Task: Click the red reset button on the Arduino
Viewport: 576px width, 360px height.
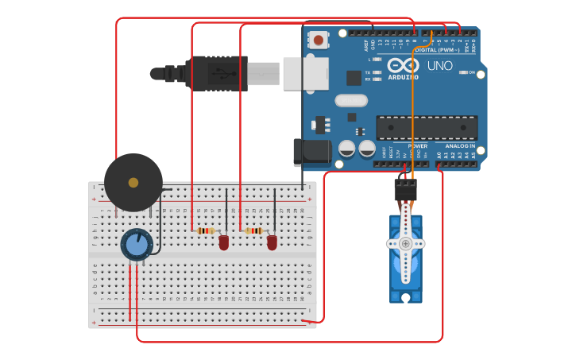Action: click(x=319, y=39)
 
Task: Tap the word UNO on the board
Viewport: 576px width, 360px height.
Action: click(x=440, y=66)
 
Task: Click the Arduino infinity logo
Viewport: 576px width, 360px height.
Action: click(x=403, y=65)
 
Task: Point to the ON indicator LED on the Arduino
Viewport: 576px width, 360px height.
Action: click(x=462, y=72)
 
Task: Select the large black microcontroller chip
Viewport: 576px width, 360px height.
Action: click(x=427, y=127)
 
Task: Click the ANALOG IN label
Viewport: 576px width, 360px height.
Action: click(x=460, y=146)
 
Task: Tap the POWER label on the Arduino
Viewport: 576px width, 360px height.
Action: click(x=418, y=146)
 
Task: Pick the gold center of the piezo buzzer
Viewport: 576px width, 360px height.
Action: click(x=133, y=183)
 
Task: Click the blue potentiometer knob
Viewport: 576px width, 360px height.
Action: click(x=137, y=245)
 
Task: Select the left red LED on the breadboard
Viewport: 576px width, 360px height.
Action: click(x=224, y=242)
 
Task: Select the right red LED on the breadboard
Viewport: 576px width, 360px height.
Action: click(x=273, y=242)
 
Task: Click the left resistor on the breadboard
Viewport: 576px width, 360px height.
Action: click(x=205, y=230)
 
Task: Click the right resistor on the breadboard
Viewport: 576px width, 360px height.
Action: click(x=253, y=230)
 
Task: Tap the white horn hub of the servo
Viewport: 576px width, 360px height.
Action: click(x=405, y=243)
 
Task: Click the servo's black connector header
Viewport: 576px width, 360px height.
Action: click(x=405, y=189)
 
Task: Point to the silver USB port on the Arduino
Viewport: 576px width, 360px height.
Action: click(x=305, y=74)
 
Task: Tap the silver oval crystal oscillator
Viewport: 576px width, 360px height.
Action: click(x=350, y=100)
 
